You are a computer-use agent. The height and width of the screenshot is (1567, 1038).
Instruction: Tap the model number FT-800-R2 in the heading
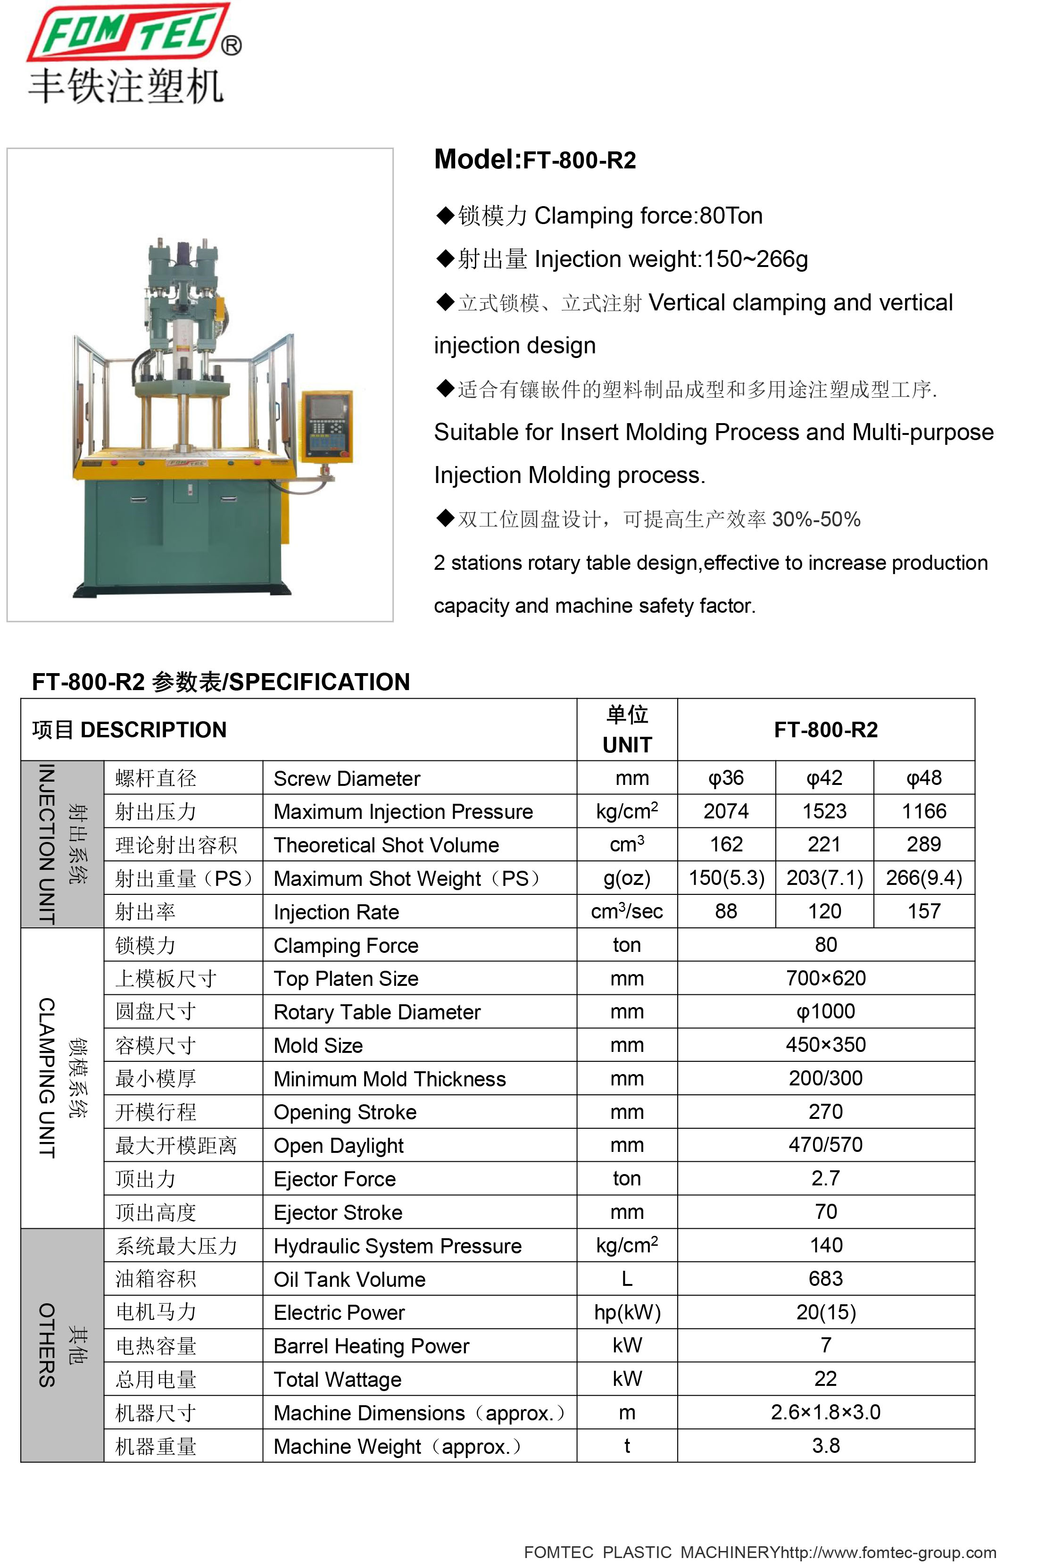pos(579,160)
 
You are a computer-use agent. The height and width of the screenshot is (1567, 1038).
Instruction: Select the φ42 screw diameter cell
pos(824,778)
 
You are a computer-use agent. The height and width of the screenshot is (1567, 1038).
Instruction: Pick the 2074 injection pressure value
pos(726,811)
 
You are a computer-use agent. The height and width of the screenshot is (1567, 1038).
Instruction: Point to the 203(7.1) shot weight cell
pos(824,878)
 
